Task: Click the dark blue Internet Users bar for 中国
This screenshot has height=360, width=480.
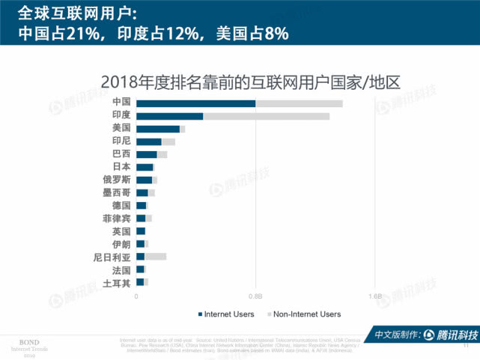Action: click(x=195, y=103)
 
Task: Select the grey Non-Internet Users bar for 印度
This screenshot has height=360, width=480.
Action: click(x=266, y=116)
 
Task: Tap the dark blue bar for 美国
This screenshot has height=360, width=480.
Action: click(x=158, y=129)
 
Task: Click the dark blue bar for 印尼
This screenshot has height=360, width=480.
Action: click(x=149, y=141)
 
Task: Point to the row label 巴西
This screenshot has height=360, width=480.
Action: click(x=121, y=154)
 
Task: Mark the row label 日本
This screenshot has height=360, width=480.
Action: click(x=121, y=167)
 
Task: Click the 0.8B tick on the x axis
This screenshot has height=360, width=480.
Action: click(x=256, y=296)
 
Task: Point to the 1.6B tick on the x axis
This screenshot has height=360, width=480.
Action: click(x=375, y=296)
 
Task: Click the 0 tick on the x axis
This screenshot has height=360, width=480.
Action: click(x=136, y=296)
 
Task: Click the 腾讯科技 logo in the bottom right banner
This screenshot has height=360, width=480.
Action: click(x=449, y=335)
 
